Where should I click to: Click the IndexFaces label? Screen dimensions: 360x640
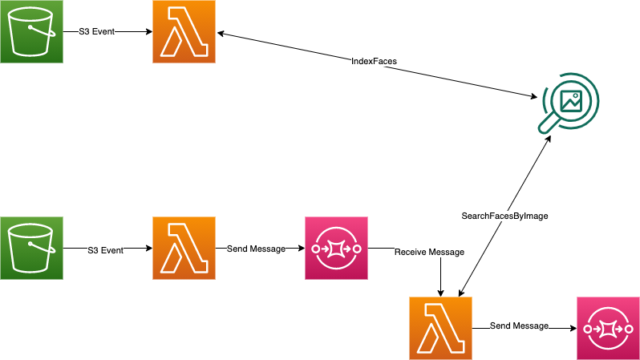click(x=373, y=62)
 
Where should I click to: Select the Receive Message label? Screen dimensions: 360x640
click(x=429, y=252)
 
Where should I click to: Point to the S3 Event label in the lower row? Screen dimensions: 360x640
click(x=105, y=249)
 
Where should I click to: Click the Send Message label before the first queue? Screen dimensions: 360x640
click(x=257, y=249)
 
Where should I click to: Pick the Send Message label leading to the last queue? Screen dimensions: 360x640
click(x=519, y=326)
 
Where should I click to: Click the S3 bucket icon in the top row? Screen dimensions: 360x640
click(x=31, y=32)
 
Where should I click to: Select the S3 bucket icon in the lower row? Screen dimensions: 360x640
click(x=31, y=249)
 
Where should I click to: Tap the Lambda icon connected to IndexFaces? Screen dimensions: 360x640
click(x=184, y=32)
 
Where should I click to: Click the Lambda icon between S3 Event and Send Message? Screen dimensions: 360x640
click(x=184, y=249)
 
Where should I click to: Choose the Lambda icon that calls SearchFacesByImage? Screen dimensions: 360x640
click(x=440, y=328)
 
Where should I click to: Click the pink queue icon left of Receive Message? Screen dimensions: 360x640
click(x=336, y=249)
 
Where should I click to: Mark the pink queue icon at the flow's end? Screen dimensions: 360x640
click(x=608, y=328)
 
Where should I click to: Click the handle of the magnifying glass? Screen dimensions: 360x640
click(x=549, y=123)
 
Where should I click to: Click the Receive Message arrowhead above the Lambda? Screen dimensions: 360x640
click(x=440, y=291)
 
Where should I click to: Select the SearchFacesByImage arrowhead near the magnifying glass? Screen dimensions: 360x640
click(x=549, y=139)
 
